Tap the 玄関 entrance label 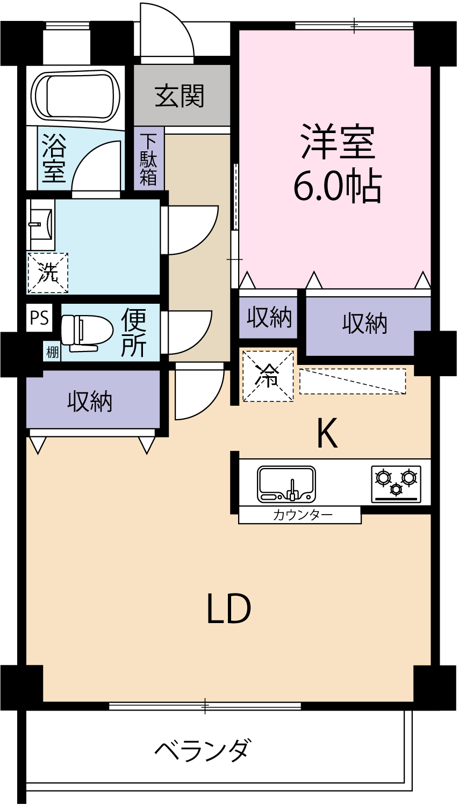[180, 97]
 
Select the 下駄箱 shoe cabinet [148, 159]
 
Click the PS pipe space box [39, 318]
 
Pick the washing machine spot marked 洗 [48, 273]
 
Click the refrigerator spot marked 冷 [268, 376]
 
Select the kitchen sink [286, 484]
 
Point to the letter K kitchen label [326, 434]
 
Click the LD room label [229, 609]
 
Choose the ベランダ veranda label [203, 750]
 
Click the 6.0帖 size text [337, 186]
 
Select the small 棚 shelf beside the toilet [52, 353]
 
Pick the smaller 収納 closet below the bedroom [269, 318]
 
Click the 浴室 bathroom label [53, 158]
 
